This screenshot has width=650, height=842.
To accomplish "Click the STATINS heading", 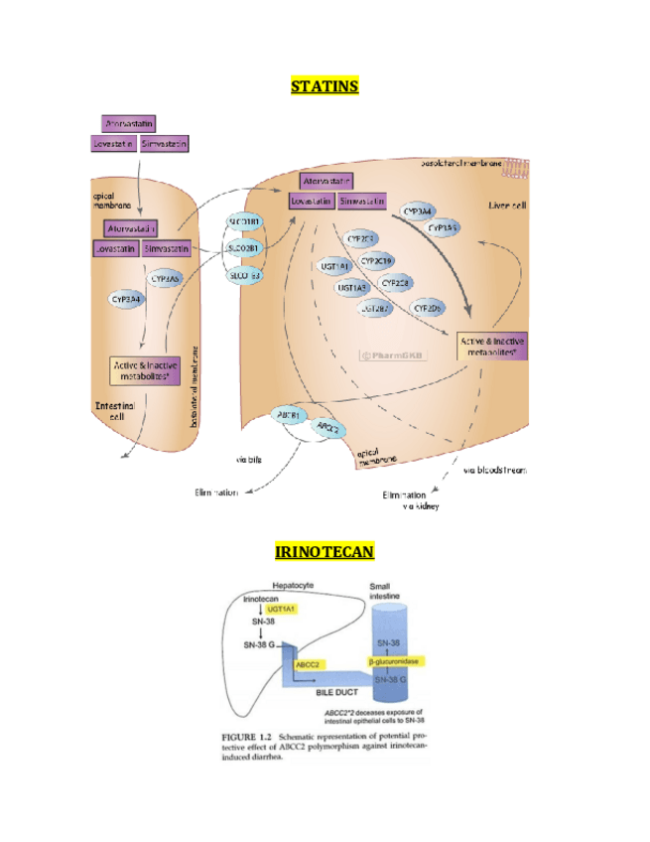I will (x=325, y=86).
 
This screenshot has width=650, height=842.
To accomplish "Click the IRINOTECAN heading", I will (x=324, y=551).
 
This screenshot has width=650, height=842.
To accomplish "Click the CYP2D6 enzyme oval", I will (x=429, y=308).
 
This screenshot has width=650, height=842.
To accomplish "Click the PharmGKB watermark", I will (x=390, y=353).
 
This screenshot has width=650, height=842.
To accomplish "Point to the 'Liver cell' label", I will (x=506, y=206).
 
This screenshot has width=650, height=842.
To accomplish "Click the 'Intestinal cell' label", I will (x=115, y=410).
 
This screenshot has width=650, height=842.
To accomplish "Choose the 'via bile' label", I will (x=248, y=459).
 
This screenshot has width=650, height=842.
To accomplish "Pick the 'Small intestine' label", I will (x=385, y=591).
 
